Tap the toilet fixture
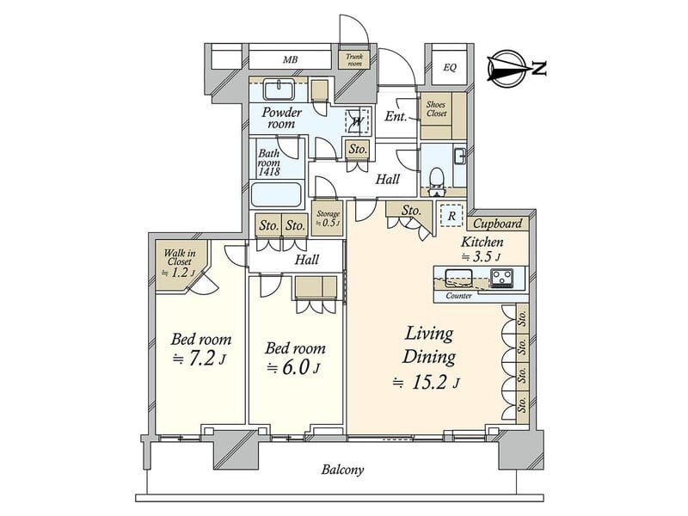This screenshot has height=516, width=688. pos(437,178)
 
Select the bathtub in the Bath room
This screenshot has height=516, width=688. pos(276,194)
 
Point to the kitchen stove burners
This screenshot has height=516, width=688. pos(501,278)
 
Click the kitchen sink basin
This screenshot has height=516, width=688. pos(459,277)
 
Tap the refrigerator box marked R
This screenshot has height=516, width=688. pos(451,216)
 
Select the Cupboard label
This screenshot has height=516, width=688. pos(498,224)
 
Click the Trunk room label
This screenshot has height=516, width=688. pos(354,59)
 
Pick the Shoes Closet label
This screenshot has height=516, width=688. pos(436,109)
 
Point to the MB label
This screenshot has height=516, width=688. pos(290,59)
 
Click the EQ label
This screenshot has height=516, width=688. pos(450,68)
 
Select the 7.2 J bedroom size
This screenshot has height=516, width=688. pos(200,359)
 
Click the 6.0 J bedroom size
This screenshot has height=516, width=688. pos(293,367)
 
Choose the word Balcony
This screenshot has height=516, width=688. pos(342,470)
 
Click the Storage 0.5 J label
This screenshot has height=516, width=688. pos(328,218)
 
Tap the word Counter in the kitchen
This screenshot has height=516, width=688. pos(458,296)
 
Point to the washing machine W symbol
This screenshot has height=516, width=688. pos(358,120)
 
